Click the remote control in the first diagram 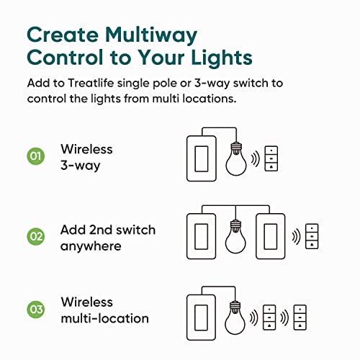pos(271,159)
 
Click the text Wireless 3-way pos(86,157)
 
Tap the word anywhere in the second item pos(91,246)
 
